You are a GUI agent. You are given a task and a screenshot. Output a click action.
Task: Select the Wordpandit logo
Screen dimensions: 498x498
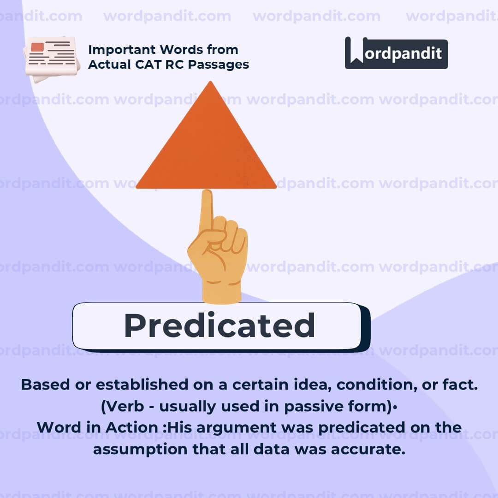tap(396, 53)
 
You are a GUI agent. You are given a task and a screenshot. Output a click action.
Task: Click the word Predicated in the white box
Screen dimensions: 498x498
tap(219, 326)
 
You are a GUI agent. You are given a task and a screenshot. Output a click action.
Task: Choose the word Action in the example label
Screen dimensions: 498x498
tap(134, 427)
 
